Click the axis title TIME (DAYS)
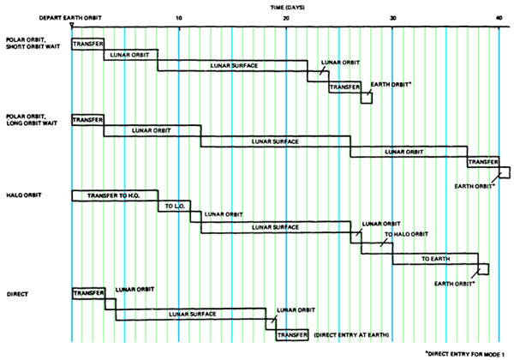coord(287,7)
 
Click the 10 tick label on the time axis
coord(179,18)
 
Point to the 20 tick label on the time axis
coord(286,18)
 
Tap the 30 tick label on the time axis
coord(392,18)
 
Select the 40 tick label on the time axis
coord(499,18)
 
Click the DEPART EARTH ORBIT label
coord(70,18)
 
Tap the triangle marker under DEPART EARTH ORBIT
coord(72,25)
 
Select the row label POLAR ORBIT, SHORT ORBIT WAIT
coord(33,43)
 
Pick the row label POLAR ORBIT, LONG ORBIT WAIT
coord(32,120)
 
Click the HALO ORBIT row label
coord(24,195)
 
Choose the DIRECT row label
coord(17,294)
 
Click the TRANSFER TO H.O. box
coord(115,195)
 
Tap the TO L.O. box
coord(174,207)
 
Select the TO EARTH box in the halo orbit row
coord(435,259)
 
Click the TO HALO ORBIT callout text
coord(406,234)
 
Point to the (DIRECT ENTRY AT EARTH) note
coord(351,335)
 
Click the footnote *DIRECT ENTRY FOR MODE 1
coord(464,354)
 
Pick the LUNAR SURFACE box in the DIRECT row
coord(191,314)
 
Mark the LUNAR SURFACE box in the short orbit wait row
coord(232,66)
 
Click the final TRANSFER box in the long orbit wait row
coord(483,162)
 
